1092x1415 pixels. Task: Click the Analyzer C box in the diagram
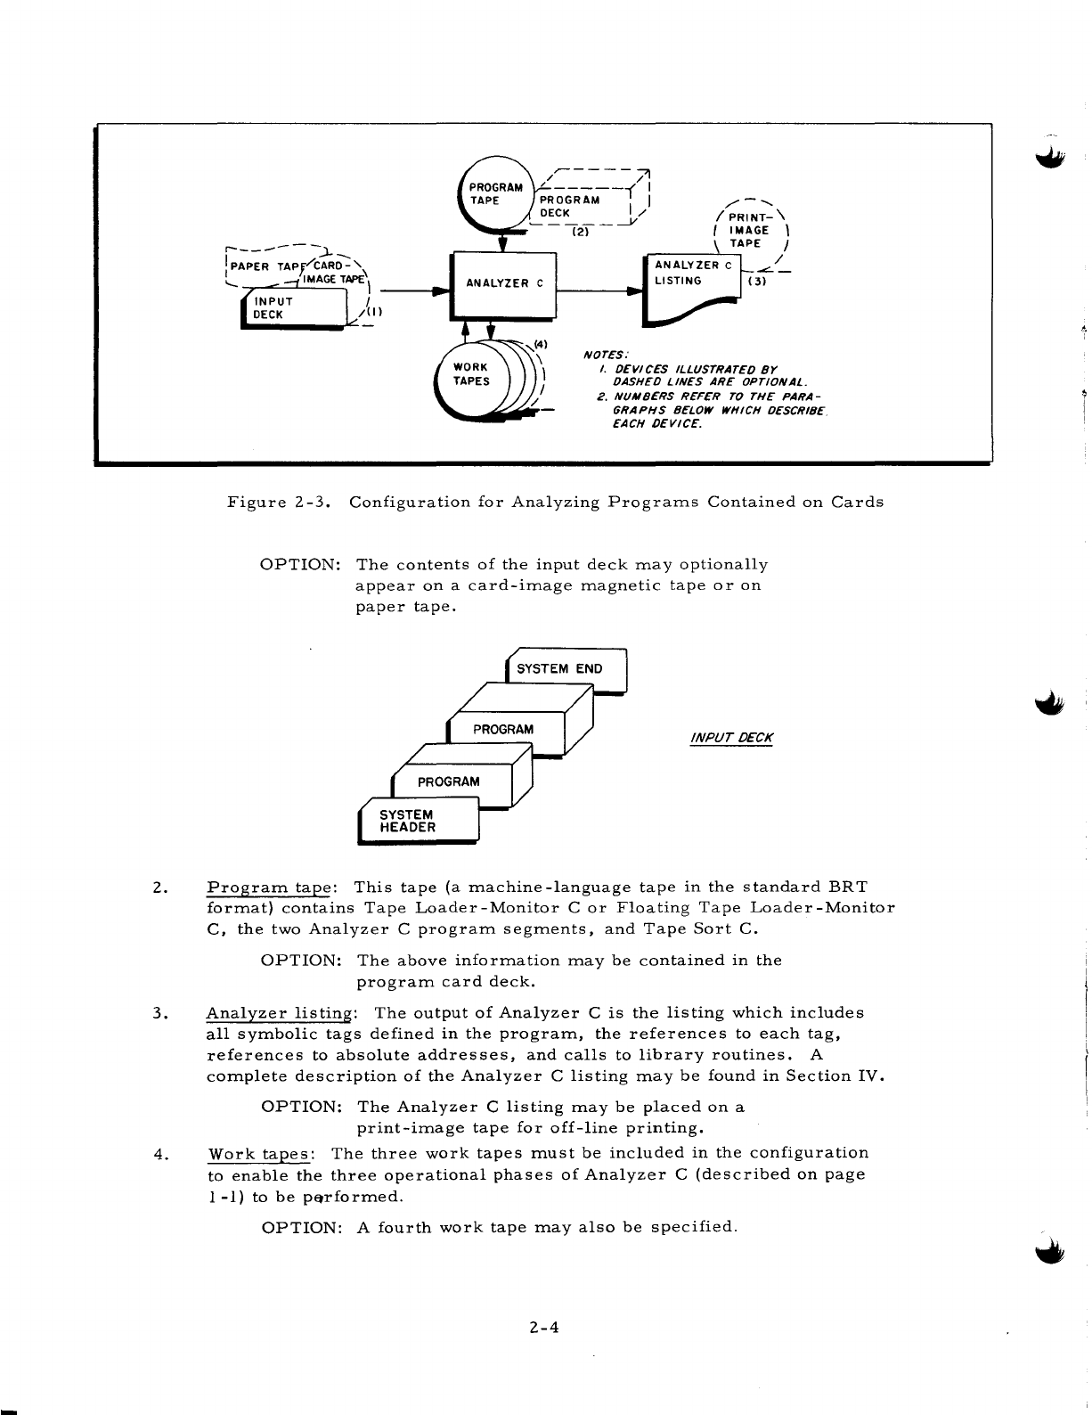pyautogui.click(x=504, y=284)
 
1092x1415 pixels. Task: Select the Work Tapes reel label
pyautogui.click(x=471, y=374)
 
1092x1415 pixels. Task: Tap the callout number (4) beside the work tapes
pyautogui.click(x=540, y=344)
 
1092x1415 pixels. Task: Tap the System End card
pyautogui.click(x=566, y=669)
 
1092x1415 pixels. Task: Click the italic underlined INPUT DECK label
pyautogui.click(x=731, y=738)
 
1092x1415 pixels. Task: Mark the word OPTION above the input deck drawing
pyautogui.click(x=300, y=565)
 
